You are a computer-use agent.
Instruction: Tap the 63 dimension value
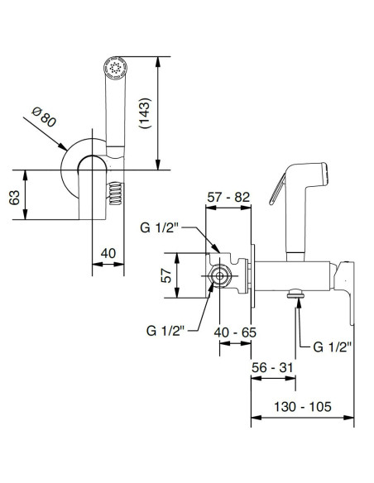click(13, 196)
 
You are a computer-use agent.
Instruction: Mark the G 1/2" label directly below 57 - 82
click(167, 227)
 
